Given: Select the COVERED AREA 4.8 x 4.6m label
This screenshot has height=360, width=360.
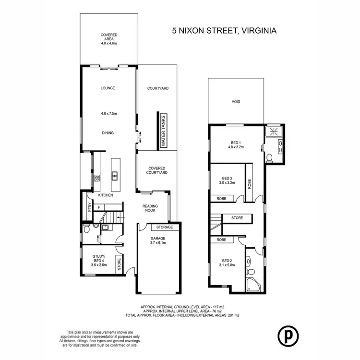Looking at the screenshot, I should [x=109, y=38].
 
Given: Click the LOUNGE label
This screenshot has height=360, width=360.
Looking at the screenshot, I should [x=108, y=88].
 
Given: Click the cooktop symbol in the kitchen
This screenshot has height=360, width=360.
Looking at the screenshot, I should [x=96, y=177].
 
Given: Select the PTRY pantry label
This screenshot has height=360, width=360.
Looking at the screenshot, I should [x=90, y=208].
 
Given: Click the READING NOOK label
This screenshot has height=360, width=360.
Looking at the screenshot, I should [x=150, y=209].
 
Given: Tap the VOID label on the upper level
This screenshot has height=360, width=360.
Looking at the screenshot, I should [x=235, y=102].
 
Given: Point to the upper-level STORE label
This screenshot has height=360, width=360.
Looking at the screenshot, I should [x=237, y=218].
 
